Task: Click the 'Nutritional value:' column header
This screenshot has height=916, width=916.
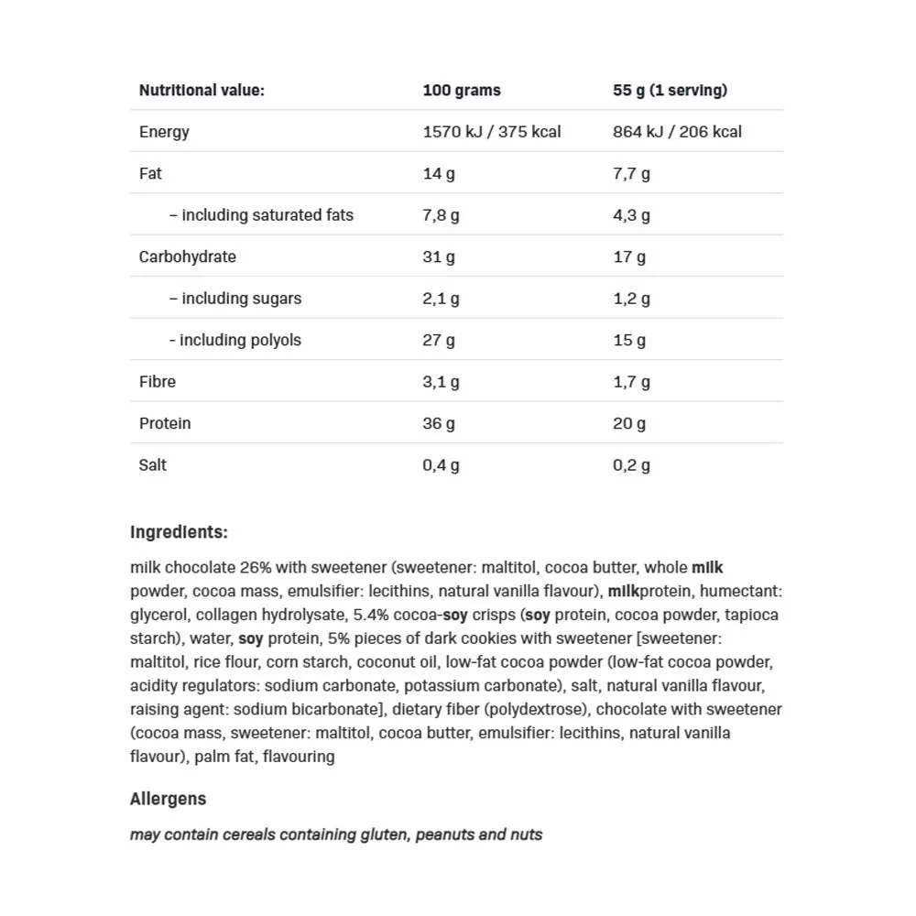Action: [x=202, y=90]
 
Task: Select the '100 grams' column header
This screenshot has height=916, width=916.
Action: [x=462, y=90]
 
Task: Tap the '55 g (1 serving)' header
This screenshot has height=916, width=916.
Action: [x=670, y=90]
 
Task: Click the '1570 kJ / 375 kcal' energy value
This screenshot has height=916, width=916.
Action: [x=492, y=132]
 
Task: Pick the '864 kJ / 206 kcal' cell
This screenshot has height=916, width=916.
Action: [x=677, y=132]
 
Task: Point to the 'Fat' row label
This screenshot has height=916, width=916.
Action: [x=150, y=173]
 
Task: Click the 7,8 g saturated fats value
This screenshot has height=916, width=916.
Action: [x=441, y=215]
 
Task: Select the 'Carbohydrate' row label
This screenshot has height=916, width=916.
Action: [x=187, y=256]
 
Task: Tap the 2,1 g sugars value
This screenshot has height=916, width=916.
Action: [x=441, y=299]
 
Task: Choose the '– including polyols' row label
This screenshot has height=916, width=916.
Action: [x=234, y=340]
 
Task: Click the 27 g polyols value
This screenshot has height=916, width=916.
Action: [x=439, y=340]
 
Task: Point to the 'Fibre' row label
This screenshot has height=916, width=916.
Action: [x=158, y=381]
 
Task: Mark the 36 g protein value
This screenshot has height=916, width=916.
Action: [x=439, y=423]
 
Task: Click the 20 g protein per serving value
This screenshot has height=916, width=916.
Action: [x=629, y=423]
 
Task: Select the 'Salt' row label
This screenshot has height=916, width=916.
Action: [x=153, y=464]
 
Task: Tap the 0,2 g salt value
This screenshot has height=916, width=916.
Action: [x=631, y=464]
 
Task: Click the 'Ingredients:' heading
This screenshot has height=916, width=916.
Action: [x=179, y=532]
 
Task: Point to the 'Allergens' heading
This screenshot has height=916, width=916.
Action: [x=168, y=799]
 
